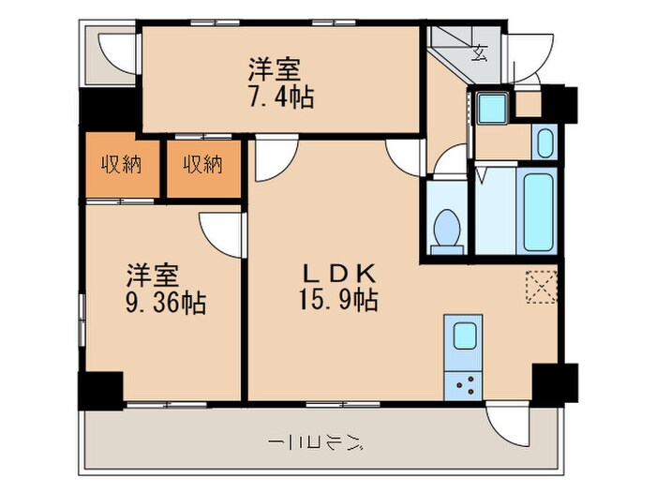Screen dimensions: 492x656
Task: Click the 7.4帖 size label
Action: tap(280, 96)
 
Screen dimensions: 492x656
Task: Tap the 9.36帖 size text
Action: tap(168, 303)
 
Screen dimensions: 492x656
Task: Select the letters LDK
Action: tap(338, 274)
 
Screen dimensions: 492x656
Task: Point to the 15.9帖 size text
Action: tap(339, 302)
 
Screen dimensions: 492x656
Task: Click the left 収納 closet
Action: tap(121, 167)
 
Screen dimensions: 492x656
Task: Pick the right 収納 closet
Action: tap(202, 167)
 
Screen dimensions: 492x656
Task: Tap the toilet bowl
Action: tap(448, 229)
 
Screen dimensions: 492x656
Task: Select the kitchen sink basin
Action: tap(465, 335)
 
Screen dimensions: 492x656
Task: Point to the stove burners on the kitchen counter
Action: tap(465, 383)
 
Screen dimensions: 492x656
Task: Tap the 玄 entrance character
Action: tap(480, 52)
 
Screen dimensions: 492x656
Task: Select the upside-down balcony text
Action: tap(315, 442)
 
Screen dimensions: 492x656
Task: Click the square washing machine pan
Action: tap(490, 108)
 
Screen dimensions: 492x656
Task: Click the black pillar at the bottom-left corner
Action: tap(99, 390)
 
